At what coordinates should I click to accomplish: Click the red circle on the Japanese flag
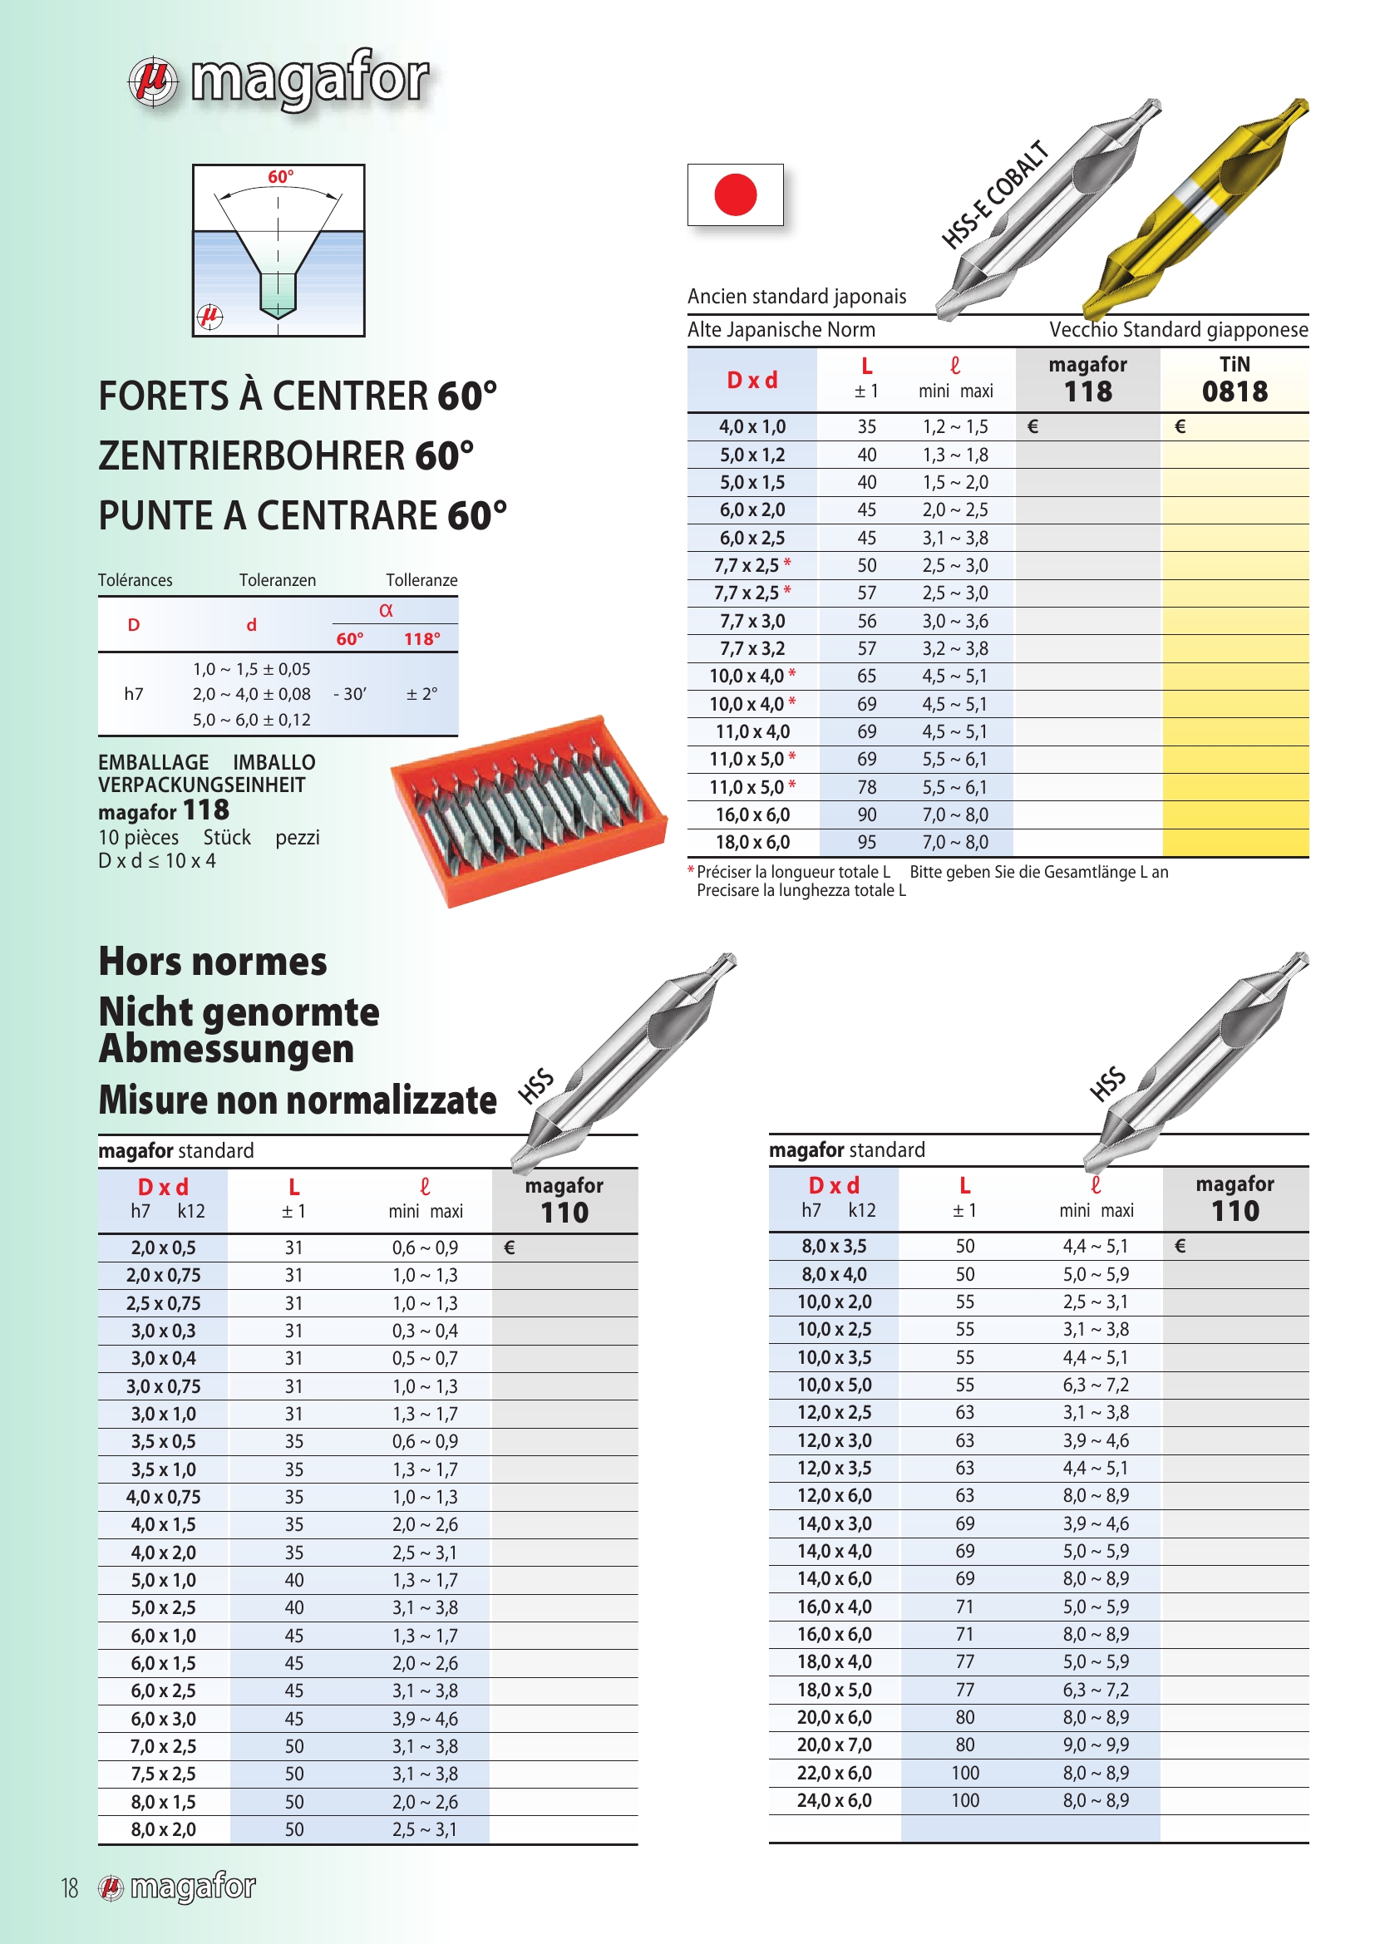(735, 194)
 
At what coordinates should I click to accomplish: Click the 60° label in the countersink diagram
(280, 177)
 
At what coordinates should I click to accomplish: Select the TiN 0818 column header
(1234, 379)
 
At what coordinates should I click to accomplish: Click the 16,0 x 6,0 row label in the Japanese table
(752, 815)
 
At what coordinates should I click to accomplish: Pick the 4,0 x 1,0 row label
(752, 426)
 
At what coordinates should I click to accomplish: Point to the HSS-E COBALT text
(995, 194)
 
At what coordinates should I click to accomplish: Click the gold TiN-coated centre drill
(1194, 208)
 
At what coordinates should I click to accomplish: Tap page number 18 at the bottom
(70, 1887)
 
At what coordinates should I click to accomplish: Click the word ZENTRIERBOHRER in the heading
(251, 456)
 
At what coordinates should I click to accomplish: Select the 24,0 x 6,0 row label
(834, 1800)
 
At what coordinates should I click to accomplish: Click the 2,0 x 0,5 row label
(163, 1248)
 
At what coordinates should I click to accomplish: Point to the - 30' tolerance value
(350, 694)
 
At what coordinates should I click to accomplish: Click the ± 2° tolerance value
(421, 694)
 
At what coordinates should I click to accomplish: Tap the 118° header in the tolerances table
(421, 639)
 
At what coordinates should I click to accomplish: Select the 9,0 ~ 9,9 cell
(1096, 1745)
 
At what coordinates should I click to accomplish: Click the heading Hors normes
(213, 962)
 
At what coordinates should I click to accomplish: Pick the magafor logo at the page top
(279, 81)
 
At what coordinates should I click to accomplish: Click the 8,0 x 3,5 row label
(834, 1247)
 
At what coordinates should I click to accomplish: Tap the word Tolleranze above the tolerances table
(421, 580)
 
